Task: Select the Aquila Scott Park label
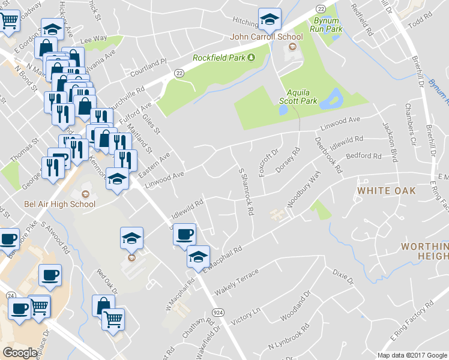coord(301,97)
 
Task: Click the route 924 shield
coord(217,313)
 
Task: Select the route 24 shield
coord(10,296)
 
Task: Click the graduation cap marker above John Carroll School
coord(270,20)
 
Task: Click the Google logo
coord(21,352)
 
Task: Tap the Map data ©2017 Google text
coord(411,355)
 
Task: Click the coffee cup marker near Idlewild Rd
coord(184,234)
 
